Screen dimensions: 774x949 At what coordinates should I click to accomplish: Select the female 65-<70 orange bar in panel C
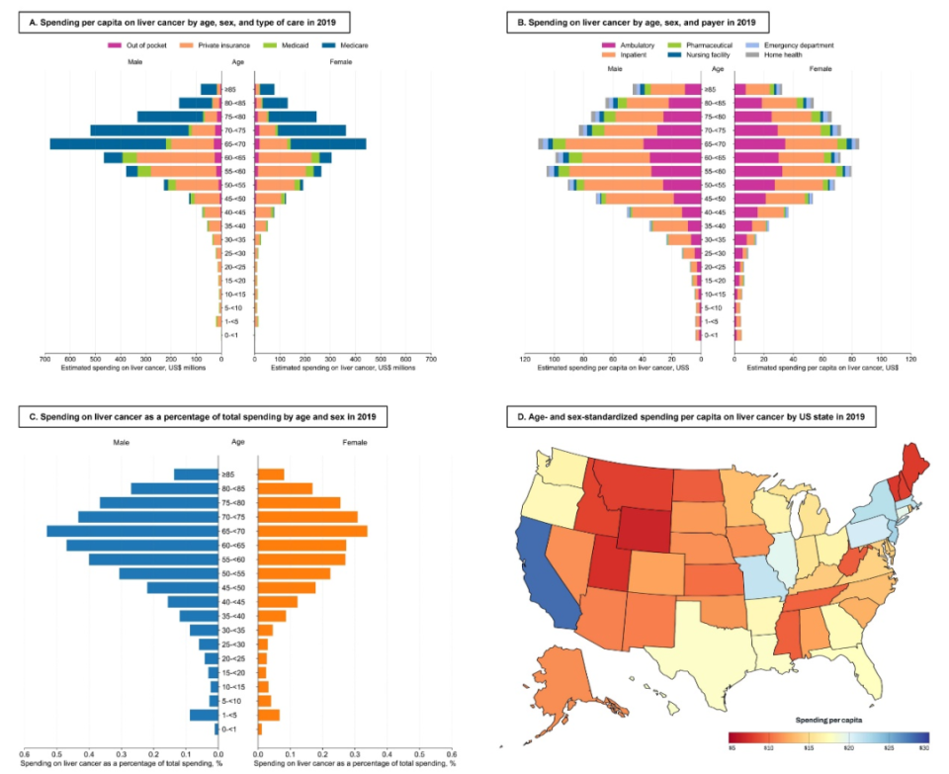tap(312, 531)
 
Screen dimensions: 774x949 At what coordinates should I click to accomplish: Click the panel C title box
tap(201, 418)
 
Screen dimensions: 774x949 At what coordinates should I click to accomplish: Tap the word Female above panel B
tap(820, 67)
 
